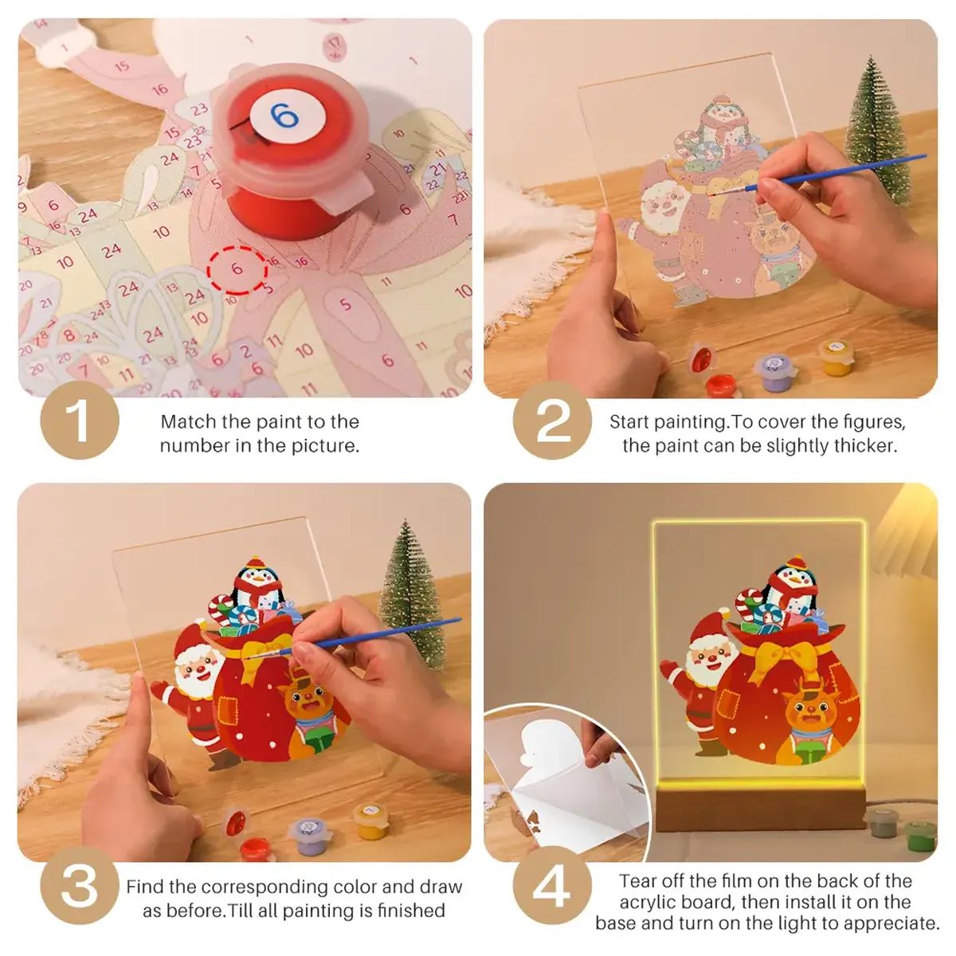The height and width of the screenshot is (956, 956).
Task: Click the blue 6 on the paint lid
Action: coord(283,117)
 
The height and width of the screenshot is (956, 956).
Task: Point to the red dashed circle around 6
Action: coord(237,269)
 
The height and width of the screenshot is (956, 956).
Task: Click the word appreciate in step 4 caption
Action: coord(892,923)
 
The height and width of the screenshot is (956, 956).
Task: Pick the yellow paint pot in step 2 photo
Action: coord(837,357)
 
